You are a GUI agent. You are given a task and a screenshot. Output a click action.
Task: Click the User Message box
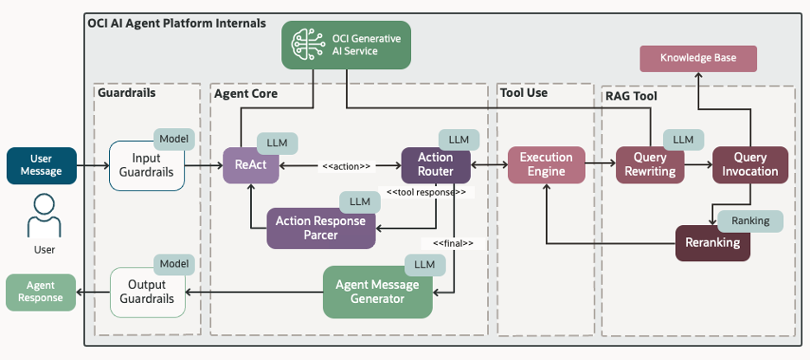(x=41, y=165)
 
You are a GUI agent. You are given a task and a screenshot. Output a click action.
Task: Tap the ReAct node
(x=250, y=164)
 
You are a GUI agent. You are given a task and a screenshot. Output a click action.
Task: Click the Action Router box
(x=435, y=164)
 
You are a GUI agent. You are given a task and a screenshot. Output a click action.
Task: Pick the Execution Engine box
(x=546, y=164)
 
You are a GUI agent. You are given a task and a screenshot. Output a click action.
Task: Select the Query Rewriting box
(x=650, y=164)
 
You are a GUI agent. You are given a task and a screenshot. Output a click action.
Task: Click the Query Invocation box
(x=749, y=164)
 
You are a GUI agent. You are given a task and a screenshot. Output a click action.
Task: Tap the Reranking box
(x=712, y=242)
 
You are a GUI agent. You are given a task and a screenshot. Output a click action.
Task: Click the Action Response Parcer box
(x=320, y=228)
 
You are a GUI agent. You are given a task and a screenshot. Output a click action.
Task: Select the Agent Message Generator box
(x=377, y=292)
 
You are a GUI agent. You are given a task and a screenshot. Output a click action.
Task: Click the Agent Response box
(x=40, y=292)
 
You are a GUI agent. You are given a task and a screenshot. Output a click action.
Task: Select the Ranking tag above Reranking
(x=749, y=221)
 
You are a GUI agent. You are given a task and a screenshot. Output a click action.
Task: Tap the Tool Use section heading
(x=524, y=93)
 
